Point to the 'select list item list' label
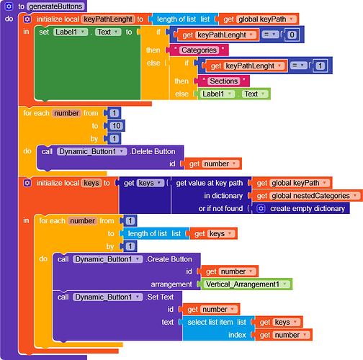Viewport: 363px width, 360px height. (217, 322)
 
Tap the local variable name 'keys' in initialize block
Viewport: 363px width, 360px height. (91, 183)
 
